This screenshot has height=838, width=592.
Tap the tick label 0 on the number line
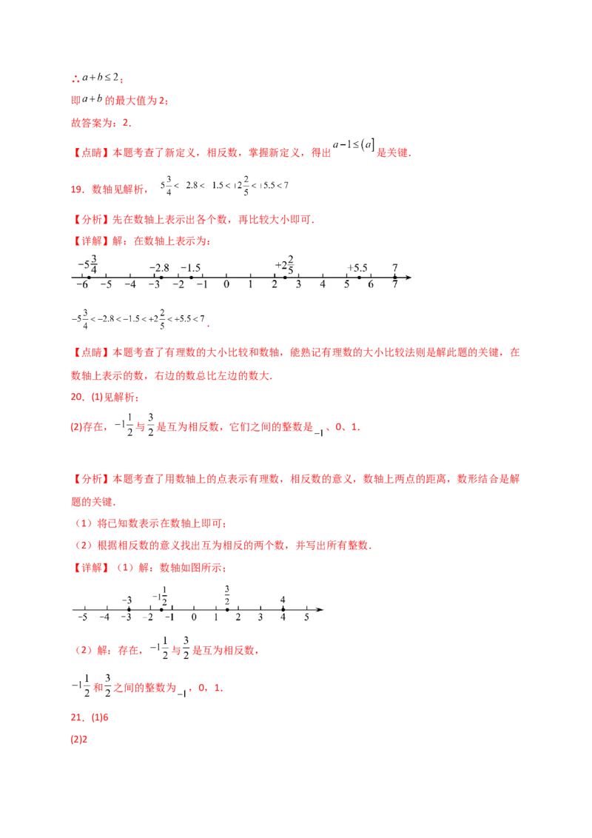226,284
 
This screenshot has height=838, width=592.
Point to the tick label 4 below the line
323,284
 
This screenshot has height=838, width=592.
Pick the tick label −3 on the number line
154,284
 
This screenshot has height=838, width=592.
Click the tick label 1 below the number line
251,284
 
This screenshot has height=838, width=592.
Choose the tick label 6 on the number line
371,284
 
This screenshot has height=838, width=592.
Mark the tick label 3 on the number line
299,284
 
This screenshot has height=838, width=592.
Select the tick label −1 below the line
202,284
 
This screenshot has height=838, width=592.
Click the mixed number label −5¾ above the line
88,263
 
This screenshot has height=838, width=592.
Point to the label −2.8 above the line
159,267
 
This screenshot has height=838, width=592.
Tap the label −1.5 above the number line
190,267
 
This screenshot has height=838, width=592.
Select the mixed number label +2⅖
285,264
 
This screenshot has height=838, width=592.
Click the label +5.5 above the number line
358,267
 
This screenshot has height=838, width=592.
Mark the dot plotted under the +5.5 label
359,278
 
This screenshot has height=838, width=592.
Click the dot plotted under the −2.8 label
161,278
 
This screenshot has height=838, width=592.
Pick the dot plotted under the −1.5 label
191,278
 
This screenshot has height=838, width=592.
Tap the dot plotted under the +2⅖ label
285,278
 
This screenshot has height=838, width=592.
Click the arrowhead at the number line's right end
408,278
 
